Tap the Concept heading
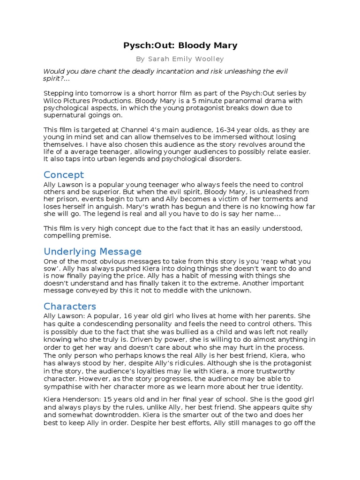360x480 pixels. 63,175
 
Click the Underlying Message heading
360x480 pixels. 92,252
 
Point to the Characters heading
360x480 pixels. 69,307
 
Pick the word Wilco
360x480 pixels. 54,101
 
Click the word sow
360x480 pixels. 52,269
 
